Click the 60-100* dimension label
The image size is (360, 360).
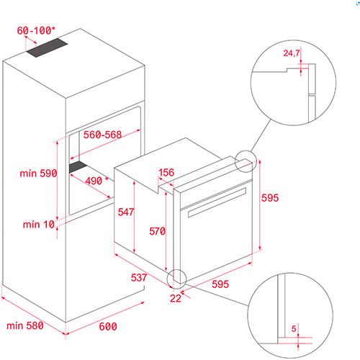point(36,30)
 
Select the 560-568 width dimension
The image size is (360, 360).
point(102,135)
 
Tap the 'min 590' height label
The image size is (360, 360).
point(38,174)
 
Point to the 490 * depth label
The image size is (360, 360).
point(96,181)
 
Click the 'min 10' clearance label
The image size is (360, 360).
point(39,225)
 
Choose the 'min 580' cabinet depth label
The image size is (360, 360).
point(25,325)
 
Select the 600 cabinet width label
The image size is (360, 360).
point(108,327)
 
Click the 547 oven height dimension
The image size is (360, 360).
point(126,212)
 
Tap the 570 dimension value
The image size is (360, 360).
point(157,231)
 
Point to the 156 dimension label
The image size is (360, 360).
point(166,172)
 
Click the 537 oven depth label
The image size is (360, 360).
point(139,277)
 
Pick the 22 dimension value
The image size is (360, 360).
point(176,298)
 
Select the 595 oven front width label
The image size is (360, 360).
point(220,284)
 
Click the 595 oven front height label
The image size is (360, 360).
point(270,198)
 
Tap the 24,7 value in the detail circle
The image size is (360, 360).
point(292,53)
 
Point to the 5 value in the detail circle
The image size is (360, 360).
point(294,328)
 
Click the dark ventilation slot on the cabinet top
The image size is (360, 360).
point(47,48)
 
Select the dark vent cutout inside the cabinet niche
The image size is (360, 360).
point(78,167)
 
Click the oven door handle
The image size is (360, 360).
point(217,202)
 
